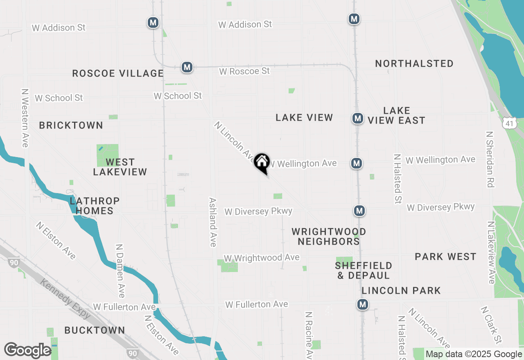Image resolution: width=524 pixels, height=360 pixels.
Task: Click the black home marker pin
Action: (262, 162)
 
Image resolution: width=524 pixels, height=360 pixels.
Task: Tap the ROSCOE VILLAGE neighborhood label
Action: (118, 74)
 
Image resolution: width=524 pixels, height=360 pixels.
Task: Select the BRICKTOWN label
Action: (71, 126)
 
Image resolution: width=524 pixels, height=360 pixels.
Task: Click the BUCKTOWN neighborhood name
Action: (95, 330)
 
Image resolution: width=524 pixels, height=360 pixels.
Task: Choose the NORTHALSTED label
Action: (414, 64)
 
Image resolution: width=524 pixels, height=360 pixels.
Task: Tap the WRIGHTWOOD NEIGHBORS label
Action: (329, 236)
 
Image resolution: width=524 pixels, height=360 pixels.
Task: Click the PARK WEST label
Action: (445, 257)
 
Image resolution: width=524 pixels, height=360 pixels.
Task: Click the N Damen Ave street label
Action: (120, 271)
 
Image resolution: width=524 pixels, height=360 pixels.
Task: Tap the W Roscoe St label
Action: (244, 71)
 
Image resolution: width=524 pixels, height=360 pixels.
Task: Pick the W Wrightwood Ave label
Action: (262, 258)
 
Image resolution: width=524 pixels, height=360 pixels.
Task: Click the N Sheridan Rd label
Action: (489, 159)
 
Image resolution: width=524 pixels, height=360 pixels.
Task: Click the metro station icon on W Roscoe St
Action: (187, 67)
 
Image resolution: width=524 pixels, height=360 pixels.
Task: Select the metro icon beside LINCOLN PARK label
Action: (362, 304)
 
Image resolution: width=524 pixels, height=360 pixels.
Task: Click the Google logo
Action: (28, 351)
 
